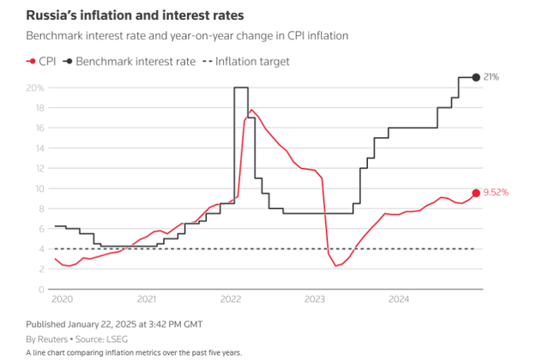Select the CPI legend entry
pos(41,62)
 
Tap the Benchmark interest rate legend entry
pos(129,62)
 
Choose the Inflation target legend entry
pos(249,62)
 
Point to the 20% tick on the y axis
pos(35,87)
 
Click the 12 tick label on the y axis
pos(39,168)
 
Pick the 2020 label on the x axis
pos(63,299)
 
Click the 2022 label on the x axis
pos(231,299)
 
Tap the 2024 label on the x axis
pos(398,299)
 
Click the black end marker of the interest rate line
pos(476,78)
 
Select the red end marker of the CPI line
pos(476,194)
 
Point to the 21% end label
pos(492,78)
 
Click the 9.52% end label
pos(497,194)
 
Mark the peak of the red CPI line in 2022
pos(251,110)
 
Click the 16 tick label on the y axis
pos(39,128)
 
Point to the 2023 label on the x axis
pos(315,299)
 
